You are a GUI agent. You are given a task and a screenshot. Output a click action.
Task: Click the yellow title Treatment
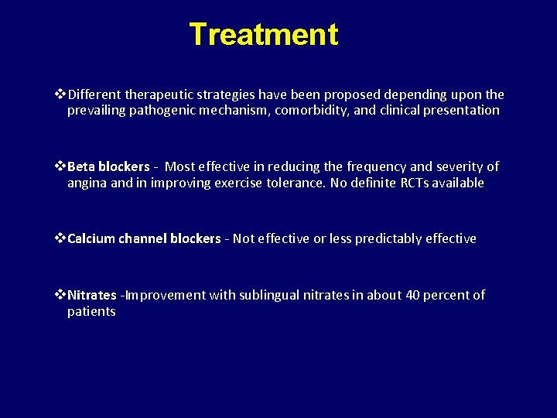263,35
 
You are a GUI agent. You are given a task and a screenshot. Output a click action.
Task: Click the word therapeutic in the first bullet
159,94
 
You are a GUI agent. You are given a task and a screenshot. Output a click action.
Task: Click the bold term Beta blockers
108,166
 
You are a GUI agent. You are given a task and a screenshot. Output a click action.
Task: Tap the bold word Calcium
92,238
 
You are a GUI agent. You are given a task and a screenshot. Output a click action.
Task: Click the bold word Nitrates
92,295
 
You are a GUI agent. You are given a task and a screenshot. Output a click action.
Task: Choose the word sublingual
269,295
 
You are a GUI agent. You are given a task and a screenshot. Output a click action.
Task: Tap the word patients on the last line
91,311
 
